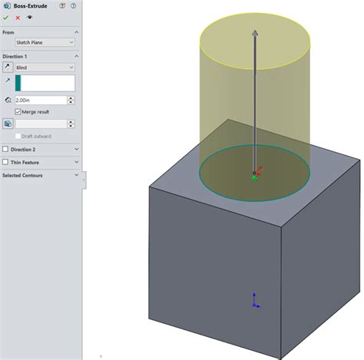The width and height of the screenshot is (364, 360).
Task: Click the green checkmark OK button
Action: click(x=6, y=16)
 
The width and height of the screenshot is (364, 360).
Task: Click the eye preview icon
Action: click(x=29, y=16)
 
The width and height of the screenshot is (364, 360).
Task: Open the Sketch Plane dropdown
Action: click(x=45, y=42)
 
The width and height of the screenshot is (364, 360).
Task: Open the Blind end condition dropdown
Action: click(x=45, y=68)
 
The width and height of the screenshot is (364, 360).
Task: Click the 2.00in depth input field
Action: click(x=45, y=100)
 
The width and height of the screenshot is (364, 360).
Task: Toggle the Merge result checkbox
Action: click(x=18, y=112)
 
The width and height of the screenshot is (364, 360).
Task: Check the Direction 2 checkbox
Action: click(x=6, y=149)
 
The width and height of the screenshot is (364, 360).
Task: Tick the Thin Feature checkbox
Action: click(x=6, y=162)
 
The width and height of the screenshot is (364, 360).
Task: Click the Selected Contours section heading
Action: click(x=23, y=175)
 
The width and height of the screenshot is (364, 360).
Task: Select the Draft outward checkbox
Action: click(x=18, y=135)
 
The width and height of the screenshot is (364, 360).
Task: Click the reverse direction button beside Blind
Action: click(x=7, y=68)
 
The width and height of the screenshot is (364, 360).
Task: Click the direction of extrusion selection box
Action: click(x=45, y=83)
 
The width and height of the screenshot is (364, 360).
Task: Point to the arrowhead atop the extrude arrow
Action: click(x=254, y=34)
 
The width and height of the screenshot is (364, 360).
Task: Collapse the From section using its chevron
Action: click(x=77, y=32)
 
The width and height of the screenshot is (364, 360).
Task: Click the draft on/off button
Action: click(x=7, y=123)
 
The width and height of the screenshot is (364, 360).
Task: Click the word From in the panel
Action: click(x=8, y=32)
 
